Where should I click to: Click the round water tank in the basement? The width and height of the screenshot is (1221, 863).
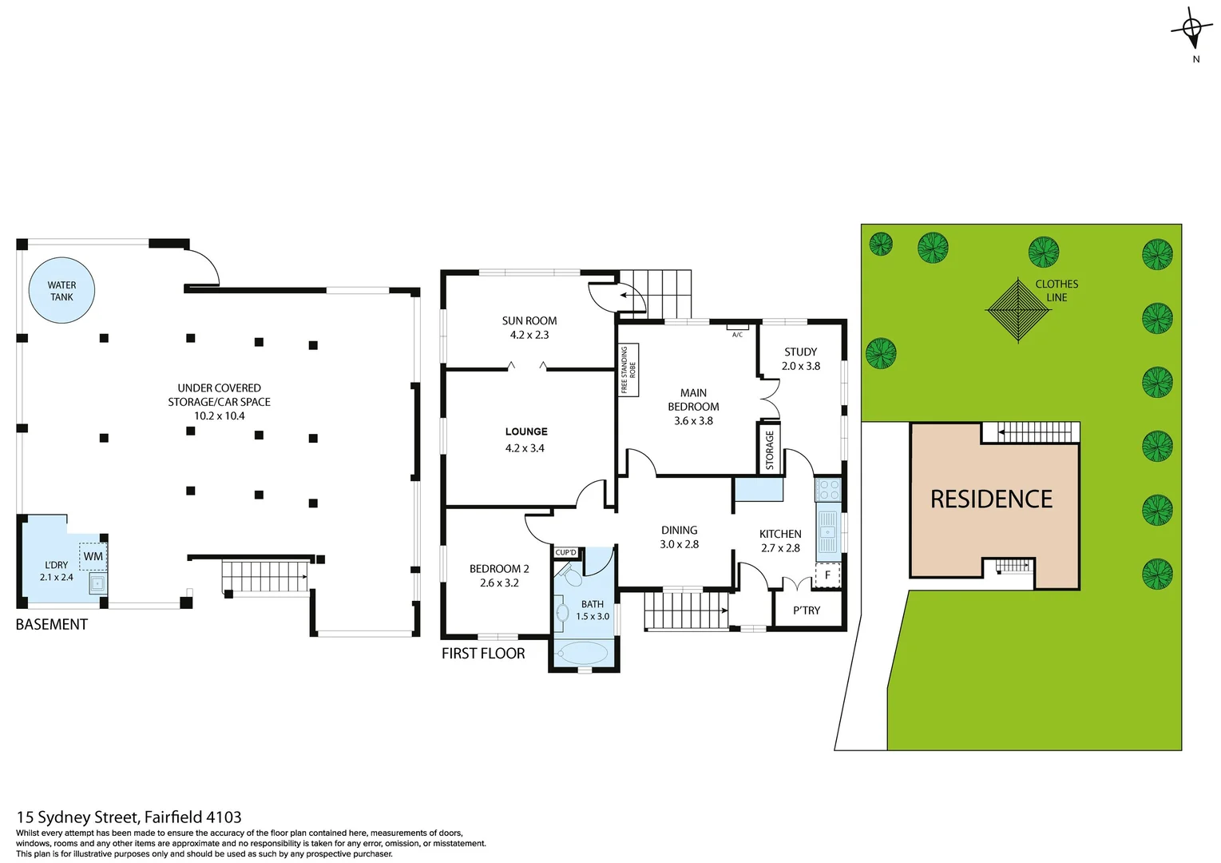pyautogui.click(x=61, y=290)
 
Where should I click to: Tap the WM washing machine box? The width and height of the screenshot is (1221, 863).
pyautogui.click(x=93, y=556)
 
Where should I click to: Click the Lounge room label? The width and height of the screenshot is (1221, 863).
pyautogui.click(x=526, y=431)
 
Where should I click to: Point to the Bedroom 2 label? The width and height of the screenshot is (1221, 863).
pyautogui.click(x=499, y=569)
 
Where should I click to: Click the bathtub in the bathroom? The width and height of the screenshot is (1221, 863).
pyautogui.click(x=583, y=654)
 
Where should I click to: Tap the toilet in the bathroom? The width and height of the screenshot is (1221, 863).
pyautogui.click(x=570, y=575)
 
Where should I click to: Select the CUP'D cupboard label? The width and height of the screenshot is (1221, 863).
pyautogui.click(x=565, y=552)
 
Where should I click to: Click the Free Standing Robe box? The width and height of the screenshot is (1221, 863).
pyautogui.click(x=628, y=370)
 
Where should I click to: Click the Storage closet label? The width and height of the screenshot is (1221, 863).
pyautogui.click(x=769, y=450)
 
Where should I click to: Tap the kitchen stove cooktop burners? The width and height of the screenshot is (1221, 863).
pyautogui.click(x=828, y=490)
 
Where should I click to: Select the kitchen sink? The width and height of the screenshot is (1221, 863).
pyautogui.click(x=828, y=531)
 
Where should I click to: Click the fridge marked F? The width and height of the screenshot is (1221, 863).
pyautogui.click(x=827, y=575)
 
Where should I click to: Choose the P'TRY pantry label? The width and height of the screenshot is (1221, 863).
pyautogui.click(x=807, y=610)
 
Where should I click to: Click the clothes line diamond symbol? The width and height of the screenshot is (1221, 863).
pyautogui.click(x=1018, y=310)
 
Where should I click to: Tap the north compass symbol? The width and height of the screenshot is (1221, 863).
pyautogui.click(x=1191, y=30)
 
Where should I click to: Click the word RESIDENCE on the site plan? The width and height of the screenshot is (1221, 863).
pyautogui.click(x=991, y=499)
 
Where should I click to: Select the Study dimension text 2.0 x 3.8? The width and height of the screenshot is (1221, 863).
pyautogui.click(x=800, y=366)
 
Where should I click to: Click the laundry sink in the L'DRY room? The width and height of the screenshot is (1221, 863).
pyautogui.click(x=97, y=583)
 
